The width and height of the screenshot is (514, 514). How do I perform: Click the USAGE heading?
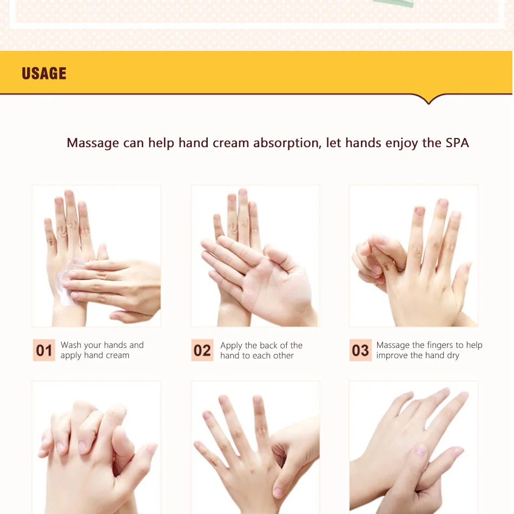44,74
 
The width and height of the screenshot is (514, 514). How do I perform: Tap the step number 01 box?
44,350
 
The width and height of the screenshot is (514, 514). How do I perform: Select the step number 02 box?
202,350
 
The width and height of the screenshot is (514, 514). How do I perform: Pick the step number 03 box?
360,350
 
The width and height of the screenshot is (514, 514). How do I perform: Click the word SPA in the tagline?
457,143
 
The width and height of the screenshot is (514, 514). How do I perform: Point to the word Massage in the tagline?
93,143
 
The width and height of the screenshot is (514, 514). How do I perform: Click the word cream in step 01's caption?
118,355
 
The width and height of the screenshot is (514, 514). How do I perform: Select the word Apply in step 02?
231,346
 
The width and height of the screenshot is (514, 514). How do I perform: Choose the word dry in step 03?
453,355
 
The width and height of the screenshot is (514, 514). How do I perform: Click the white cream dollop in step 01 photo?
69,282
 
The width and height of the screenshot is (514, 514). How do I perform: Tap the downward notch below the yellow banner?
429,100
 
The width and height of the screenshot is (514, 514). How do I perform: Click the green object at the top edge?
393,3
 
